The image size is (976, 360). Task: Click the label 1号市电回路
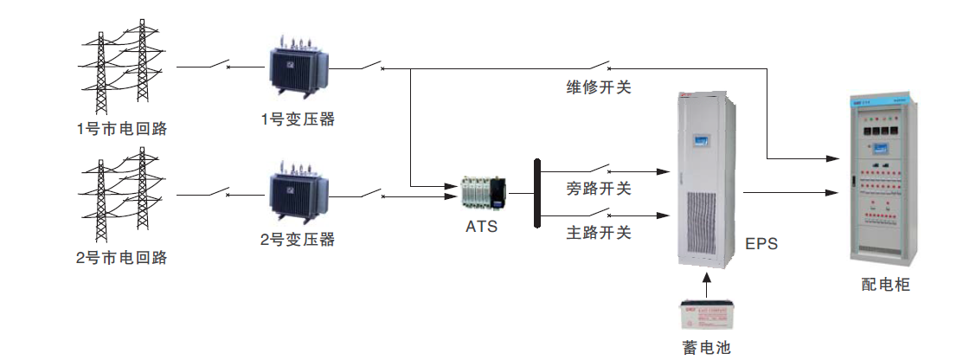click(121, 130)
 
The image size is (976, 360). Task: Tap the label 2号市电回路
click(121, 258)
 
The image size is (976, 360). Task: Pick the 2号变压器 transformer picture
click(298, 196)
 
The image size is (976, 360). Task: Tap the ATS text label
click(481, 228)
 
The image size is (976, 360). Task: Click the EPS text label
click(761, 244)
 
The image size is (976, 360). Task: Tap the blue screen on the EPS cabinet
click(707, 139)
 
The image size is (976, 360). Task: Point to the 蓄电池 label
click(707, 348)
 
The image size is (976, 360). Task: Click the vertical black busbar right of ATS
click(537, 193)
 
